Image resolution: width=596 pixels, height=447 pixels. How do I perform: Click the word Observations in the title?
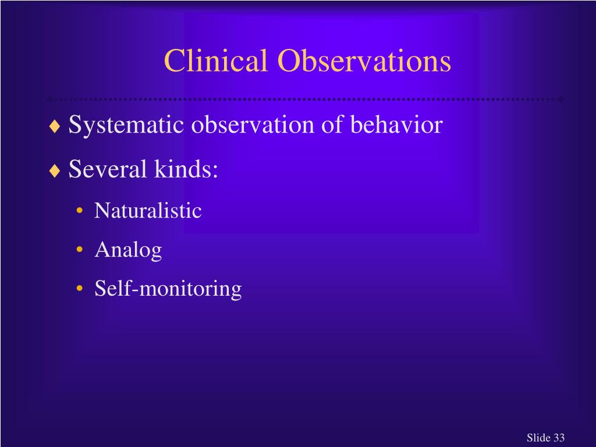pyautogui.click(x=364, y=61)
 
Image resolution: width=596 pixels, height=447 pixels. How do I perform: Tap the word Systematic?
pyautogui.click(x=126, y=126)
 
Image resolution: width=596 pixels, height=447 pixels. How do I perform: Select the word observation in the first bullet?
pyautogui.click(x=252, y=126)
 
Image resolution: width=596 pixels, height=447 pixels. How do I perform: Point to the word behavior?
pyautogui.click(x=396, y=126)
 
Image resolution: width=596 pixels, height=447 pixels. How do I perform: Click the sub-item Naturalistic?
pyautogui.click(x=148, y=211)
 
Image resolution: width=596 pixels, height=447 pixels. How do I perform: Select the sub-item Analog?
pyautogui.click(x=128, y=250)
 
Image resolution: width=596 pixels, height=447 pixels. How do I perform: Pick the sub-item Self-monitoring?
pyautogui.click(x=168, y=289)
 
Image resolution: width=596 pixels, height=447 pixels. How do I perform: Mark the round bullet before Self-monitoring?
pyautogui.click(x=79, y=289)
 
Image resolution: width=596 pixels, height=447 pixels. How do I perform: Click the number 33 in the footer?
pyautogui.click(x=559, y=438)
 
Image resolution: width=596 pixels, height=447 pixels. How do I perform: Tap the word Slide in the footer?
pyautogui.click(x=539, y=438)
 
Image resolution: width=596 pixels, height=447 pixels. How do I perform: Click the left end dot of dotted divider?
pyautogui.click(x=49, y=98)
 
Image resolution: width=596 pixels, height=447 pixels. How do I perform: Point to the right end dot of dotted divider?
pyautogui.click(x=561, y=98)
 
